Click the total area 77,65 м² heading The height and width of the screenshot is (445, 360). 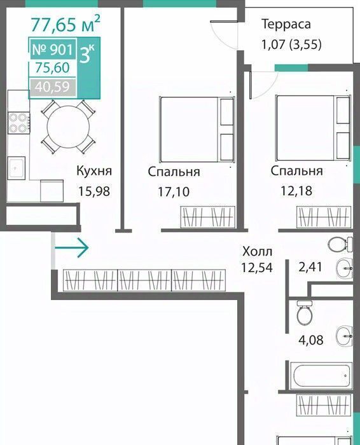(x=66, y=24)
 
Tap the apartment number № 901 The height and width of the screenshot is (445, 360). (x=53, y=50)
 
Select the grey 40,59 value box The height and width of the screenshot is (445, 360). (x=53, y=87)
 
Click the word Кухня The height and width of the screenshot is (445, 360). (x=94, y=171)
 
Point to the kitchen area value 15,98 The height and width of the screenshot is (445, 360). (x=94, y=191)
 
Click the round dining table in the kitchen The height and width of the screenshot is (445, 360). (x=68, y=127)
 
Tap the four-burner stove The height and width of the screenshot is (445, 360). (x=18, y=123)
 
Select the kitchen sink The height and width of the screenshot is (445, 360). (x=16, y=168)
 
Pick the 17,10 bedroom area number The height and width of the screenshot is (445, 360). (x=174, y=191)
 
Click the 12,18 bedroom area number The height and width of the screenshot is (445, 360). (x=296, y=191)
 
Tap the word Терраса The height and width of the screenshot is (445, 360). (x=286, y=24)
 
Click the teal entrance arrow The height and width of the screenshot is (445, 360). (x=71, y=247)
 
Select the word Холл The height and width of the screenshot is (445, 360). (x=257, y=251)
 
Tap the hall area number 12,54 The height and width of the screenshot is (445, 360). (x=257, y=268)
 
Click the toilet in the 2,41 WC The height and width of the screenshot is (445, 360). (x=340, y=243)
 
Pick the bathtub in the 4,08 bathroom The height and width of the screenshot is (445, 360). (x=322, y=376)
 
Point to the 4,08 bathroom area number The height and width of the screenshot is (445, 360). (x=310, y=339)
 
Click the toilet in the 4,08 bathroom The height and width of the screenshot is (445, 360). (x=305, y=312)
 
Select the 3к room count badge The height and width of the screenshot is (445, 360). (x=88, y=53)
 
